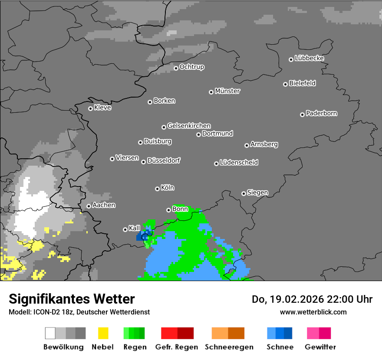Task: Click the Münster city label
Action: tap(227, 91)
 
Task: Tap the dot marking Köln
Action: tap(157, 189)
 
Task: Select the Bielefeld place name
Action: tap(303, 83)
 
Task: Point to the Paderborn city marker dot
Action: tap(302, 115)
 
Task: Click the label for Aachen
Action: tap(104, 205)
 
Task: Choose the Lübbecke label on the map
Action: tap(310, 58)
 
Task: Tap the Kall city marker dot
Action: tap(125, 229)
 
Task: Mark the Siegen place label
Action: tap(258, 193)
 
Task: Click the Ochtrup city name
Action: tap(192, 67)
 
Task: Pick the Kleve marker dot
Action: tap(90, 108)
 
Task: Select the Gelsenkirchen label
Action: tap(189, 126)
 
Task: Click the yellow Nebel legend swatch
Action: tap(103, 333)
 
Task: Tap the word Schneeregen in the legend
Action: tap(229, 347)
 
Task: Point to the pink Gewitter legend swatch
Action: tap(313, 333)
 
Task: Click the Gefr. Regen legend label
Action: tap(176, 347)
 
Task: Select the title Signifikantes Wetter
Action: tap(72, 299)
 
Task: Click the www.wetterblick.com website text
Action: tap(313, 312)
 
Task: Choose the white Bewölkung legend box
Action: tap(50, 333)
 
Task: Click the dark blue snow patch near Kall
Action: tap(141, 237)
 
